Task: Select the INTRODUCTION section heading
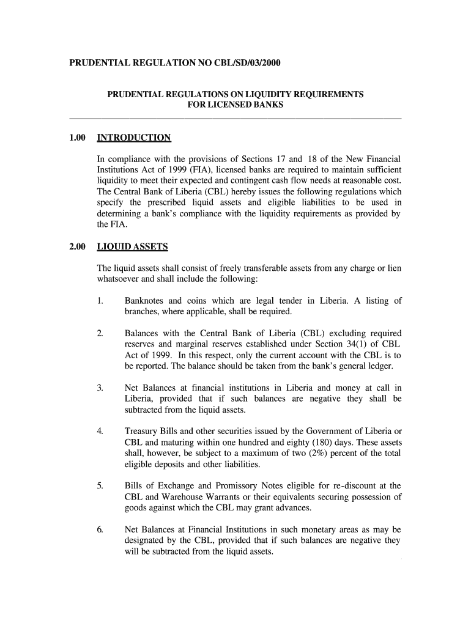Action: coord(134,138)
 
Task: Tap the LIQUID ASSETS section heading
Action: coord(132,247)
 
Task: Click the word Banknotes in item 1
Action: coord(144,301)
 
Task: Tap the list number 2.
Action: coord(100,334)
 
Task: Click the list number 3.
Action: coord(100,388)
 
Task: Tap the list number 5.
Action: coord(100,486)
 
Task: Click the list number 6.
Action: coord(100,529)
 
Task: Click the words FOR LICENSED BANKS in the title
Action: coord(236,105)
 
